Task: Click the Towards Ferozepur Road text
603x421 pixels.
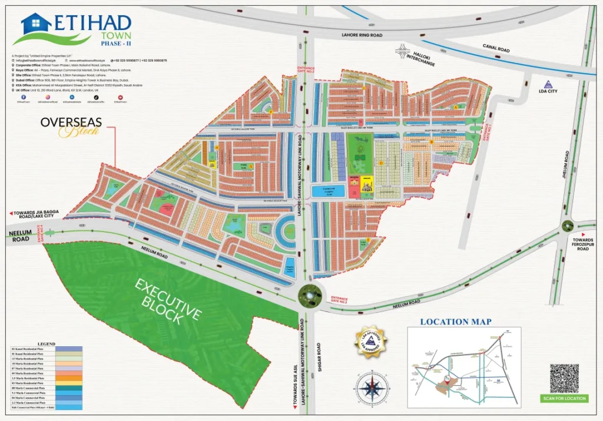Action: (x=584, y=245)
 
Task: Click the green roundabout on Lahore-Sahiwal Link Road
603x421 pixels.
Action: (x=310, y=293)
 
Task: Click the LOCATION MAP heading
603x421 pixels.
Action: (x=455, y=322)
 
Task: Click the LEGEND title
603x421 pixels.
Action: (x=46, y=344)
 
